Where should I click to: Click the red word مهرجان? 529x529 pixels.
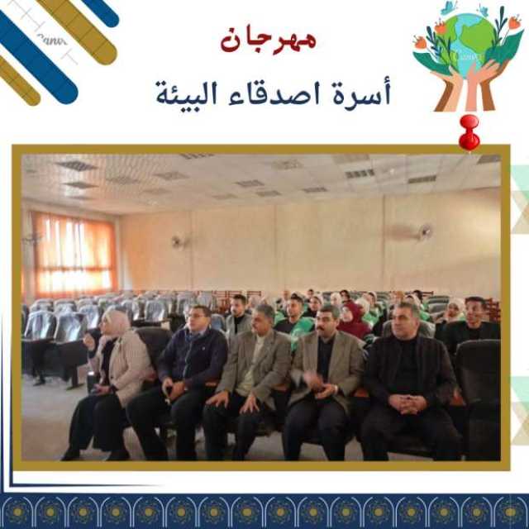coord(269,41)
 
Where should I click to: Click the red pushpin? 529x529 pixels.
coord(469,132)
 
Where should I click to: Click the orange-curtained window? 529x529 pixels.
coord(74,254)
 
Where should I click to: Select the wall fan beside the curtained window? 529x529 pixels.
coord(179,241)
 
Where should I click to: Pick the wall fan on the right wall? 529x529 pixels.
coord(424,232)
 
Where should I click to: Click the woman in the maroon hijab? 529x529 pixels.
coord(353,321)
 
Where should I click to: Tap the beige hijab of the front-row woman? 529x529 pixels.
coord(117,322)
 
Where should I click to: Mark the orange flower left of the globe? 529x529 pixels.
coord(421,43)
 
